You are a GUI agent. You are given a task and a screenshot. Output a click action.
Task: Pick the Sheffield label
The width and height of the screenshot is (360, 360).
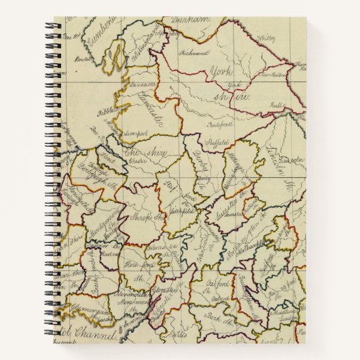coord(216,144)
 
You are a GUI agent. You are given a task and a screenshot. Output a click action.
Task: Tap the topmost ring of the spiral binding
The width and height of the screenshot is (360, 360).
coord(52,26)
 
